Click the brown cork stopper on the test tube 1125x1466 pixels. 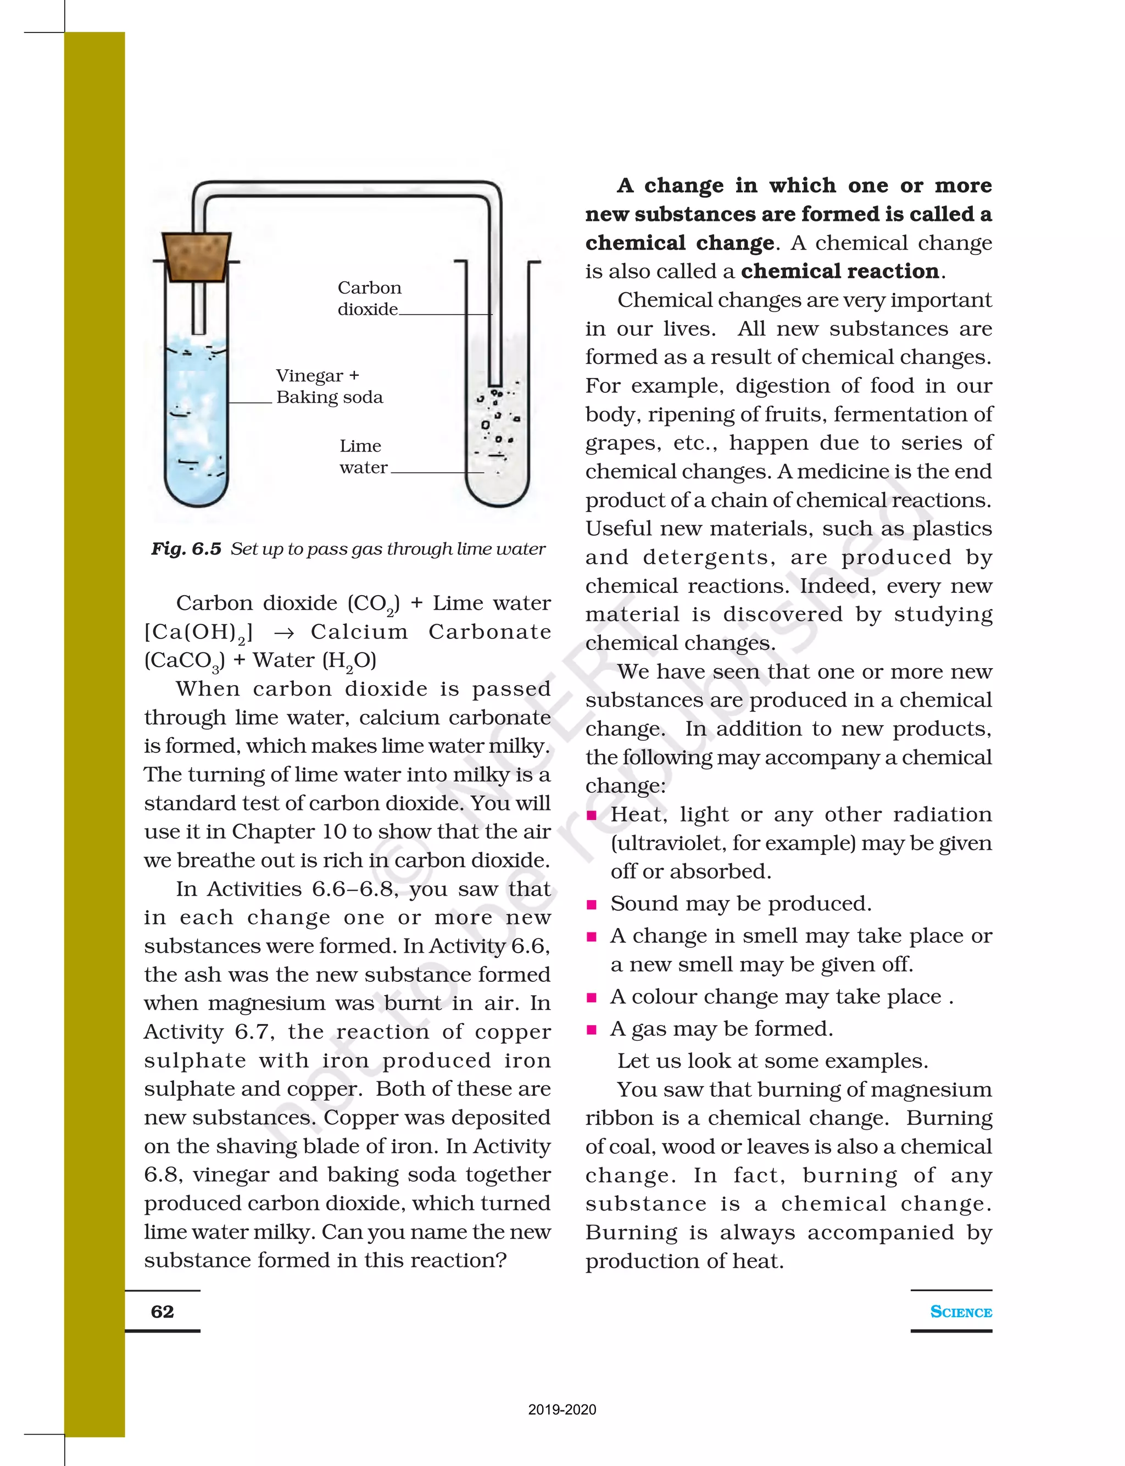pos(196,257)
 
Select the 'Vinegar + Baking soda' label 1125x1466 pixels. pos(329,386)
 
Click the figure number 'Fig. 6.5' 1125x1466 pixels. pos(186,549)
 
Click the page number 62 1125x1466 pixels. pos(162,1311)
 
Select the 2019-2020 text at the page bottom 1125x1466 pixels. pos(562,1409)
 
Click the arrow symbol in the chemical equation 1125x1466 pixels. pos(283,633)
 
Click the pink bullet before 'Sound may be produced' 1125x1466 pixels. pos(591,905)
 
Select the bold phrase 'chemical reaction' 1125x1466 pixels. pos(840,271)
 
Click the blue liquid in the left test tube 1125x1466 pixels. pos(196,429)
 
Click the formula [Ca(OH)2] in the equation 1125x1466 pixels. pos(198,633)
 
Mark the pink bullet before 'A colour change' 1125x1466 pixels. pos(591,998)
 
